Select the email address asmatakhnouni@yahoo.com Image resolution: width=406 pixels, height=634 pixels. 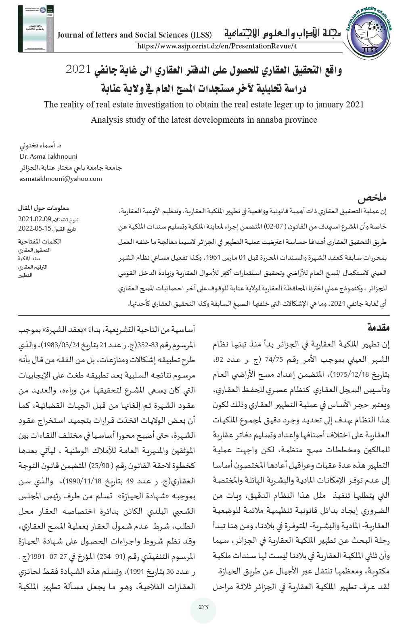pyautogui.click(x=61, y=178)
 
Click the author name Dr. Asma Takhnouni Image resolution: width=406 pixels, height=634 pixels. pyautogui.click(x=48, y=156)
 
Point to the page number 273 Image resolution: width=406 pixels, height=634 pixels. pyautogui.click(x=203, y=607)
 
